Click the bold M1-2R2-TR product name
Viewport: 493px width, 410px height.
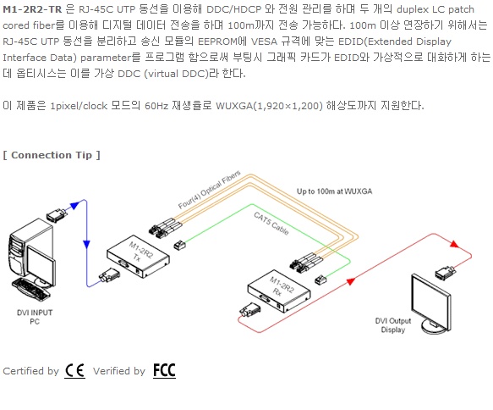coord(32,9)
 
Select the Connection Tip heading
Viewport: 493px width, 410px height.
coord(52,155)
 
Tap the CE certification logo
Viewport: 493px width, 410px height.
coord(74,370)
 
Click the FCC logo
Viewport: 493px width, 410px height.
coord(164,370)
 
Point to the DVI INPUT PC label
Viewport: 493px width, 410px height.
coord(35,317)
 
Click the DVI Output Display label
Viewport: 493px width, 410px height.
coord(393,325)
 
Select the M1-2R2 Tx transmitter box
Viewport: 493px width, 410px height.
coord(138,257)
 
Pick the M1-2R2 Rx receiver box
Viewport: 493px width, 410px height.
coord(279,291)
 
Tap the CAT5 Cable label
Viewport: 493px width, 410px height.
coord(271,224)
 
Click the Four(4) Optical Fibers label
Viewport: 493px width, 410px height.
coord(209,190)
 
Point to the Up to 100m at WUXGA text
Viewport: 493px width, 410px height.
coord(335,191)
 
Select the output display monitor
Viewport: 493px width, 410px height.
coord(430,304)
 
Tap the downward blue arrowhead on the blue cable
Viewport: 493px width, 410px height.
coord(86,244)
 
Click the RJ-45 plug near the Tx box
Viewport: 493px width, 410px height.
coord(179,245)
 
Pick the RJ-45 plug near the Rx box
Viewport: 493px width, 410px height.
coord(320,280)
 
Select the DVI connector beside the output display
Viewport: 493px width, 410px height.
coord(445,272)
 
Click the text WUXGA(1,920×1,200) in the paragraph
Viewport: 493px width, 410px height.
coord(269,106)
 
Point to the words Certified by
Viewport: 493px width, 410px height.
coord(30,371)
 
